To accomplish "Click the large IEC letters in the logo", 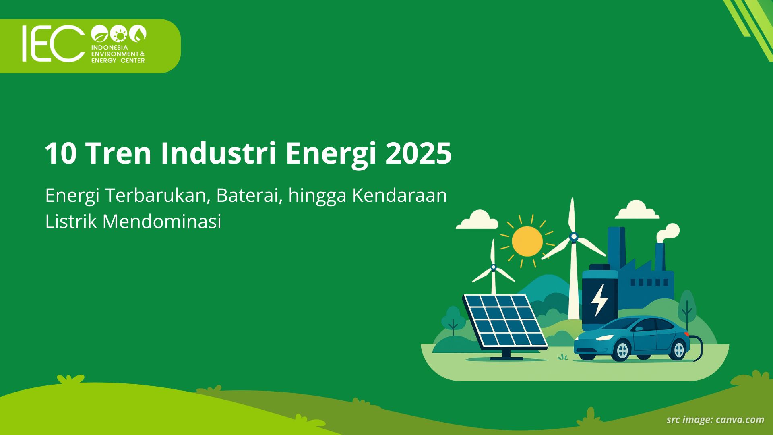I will [x=52, y=43].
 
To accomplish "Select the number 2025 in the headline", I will [x=418, y=153].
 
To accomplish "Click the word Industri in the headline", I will [x=218, y=153].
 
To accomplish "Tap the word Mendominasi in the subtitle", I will [x=161, y=222].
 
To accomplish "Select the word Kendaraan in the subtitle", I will [x=399, y=195].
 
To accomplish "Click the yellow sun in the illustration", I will [x=527, y=241].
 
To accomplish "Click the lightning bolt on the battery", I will [x=599, y=300].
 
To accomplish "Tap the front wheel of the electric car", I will [x=622, y=351].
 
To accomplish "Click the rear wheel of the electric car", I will [x=679, y=350].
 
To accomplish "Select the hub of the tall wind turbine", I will [x=574, y=237].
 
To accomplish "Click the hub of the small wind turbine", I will [x=493, y=267].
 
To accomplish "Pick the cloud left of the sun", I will [x=477, y=220].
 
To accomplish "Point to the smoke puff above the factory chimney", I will [x=669, y=232].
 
